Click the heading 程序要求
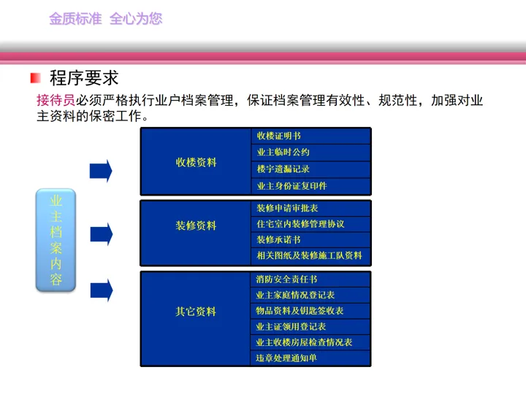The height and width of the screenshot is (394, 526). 84,78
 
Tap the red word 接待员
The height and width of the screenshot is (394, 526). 56,101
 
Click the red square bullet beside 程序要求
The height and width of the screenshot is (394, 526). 36,78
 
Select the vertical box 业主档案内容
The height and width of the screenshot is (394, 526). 56,239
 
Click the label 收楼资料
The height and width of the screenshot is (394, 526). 196,162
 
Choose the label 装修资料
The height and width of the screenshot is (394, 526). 196,225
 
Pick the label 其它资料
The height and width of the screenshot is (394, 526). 196,312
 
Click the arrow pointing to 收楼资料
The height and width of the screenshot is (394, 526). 101,171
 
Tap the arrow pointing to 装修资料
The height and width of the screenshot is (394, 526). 101,233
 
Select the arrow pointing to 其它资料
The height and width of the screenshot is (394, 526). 101,290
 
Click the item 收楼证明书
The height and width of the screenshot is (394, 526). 278,136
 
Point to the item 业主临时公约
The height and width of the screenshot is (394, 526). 283,152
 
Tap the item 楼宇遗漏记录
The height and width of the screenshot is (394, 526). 283,169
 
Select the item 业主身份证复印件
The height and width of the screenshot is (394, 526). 291,185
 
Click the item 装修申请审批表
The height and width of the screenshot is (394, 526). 287,208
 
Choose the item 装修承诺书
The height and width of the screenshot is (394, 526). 278,239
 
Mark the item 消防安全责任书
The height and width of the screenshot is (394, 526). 287,279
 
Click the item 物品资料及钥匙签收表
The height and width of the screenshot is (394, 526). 300,311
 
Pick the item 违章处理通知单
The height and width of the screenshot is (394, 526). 287,358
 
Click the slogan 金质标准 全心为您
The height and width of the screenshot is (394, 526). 105,19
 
